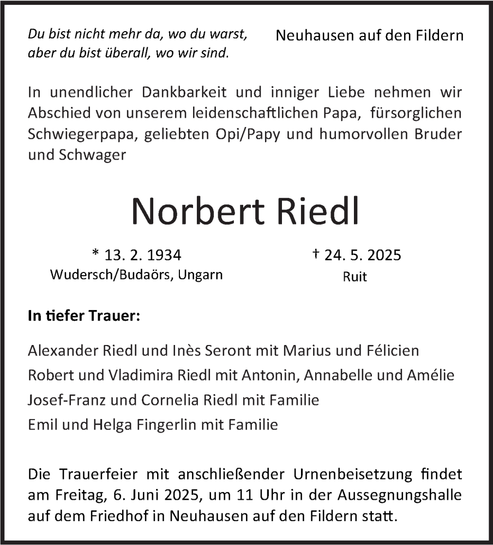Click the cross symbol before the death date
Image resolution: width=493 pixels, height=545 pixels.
[x=316, y=254]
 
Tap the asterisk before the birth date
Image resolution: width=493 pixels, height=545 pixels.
[x=96, y=253]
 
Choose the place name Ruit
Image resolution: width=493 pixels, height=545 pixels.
[x=355, y=276]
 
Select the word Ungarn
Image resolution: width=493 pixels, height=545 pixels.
[x=202, y=275]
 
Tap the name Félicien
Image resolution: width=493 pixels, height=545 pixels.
[x=392, y=350]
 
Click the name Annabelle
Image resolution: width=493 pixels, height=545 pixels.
[x=336, y=375]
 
